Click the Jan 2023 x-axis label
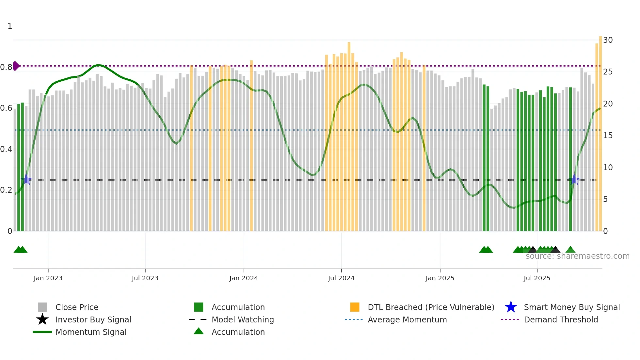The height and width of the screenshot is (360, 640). [x=48, y=278]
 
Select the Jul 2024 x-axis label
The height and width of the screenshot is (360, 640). [x=341, y=278]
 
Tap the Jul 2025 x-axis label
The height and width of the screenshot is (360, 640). [x=537, y=278]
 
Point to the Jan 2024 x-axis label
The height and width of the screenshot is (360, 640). [x=244, y=278]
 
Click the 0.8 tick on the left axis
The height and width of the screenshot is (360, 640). [x=6, y=67]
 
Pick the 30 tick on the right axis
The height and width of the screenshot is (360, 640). [x=608, y=40]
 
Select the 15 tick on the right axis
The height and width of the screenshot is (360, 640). [x=608, y=136]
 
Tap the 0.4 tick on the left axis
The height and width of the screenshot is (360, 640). [x=6, y=149]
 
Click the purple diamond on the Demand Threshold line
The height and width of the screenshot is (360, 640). [x=16, y=66]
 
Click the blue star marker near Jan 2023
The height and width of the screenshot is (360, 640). [x=26, y=180]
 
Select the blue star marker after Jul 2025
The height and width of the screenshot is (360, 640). [x=574, y=180]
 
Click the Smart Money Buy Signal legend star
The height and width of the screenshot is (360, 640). [x=511, y=307]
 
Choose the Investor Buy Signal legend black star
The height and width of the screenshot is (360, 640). [x=42, y=319]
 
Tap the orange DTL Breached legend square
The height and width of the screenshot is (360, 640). [x=355, y=307]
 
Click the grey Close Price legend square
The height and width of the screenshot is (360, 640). [x=42, y=307]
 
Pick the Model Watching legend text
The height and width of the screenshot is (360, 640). [x=243, y=319]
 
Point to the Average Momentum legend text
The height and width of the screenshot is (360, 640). [x=407, y=319]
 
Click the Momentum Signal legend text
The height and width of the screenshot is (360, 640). [x=91, y=332]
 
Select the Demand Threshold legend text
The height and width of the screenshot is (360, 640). [x=561, y=319]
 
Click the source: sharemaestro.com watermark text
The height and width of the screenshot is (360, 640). [x=577, y=256]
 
